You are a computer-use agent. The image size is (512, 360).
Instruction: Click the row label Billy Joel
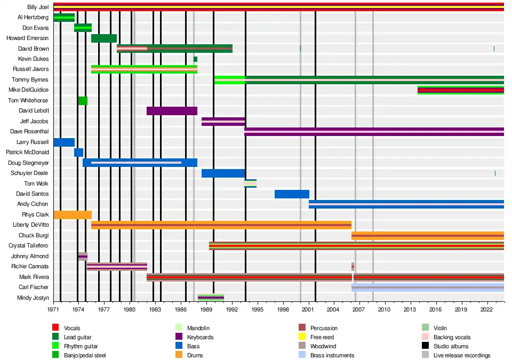tap(37, 7)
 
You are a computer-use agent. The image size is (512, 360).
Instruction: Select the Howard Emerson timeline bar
tap(104, 38)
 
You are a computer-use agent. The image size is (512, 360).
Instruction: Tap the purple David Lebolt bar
tap(172, 111)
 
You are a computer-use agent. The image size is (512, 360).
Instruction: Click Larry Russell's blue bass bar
tap(64, 142)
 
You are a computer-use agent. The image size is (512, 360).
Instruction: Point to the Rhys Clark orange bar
tap(73, 214)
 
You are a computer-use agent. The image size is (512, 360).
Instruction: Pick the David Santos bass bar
tap(292, 194)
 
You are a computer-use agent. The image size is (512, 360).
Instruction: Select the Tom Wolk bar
tap(250, 183)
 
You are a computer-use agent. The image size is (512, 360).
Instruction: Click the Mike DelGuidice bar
tap(460, 90)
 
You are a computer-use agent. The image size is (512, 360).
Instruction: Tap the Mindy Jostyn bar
tap(211, 298)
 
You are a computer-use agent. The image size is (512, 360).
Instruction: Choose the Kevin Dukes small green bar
tap(195, 59)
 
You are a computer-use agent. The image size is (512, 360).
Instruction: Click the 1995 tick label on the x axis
tap(257, 309)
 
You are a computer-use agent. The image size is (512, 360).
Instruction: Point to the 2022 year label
tap(486, 309)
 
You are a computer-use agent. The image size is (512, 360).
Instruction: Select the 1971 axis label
tap(53, 309)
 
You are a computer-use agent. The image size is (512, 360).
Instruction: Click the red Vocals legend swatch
tap(55, 328)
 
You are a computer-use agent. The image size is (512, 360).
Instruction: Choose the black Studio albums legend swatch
tap(425, 346)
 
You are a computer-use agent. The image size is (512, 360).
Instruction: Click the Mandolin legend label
tap(198, 328)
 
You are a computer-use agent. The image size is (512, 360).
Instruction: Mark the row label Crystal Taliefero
tap(29, 246)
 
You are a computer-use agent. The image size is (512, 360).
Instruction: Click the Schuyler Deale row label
tap(29, 173)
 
